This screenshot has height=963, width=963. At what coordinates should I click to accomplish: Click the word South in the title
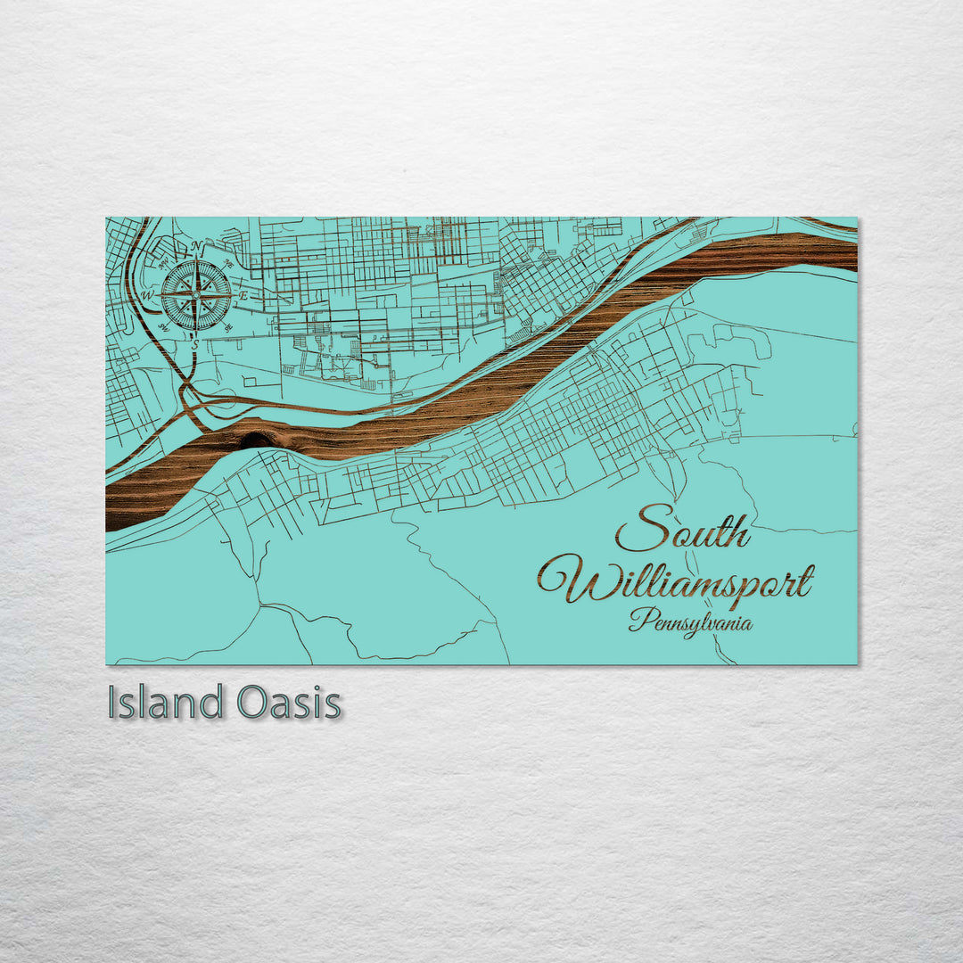(683, 530)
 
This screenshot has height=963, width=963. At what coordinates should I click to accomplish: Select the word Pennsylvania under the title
(690, 622)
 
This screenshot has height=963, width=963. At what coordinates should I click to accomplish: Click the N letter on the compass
(196, 247)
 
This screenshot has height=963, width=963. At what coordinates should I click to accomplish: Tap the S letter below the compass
(196, 342)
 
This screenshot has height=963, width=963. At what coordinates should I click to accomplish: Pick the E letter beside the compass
(243, 295)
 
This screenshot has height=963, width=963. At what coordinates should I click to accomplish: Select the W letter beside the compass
(148, 295)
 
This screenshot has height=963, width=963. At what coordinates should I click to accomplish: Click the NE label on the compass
(228, 264)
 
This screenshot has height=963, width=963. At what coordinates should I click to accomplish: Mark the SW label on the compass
(164, 326)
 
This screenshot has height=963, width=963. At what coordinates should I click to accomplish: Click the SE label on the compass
(228, 326)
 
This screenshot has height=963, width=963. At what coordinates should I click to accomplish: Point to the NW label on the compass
(164, 264)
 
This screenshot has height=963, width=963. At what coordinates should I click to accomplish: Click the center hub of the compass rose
(196, 295)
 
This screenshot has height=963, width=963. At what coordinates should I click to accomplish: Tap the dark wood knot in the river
(257, 440)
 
